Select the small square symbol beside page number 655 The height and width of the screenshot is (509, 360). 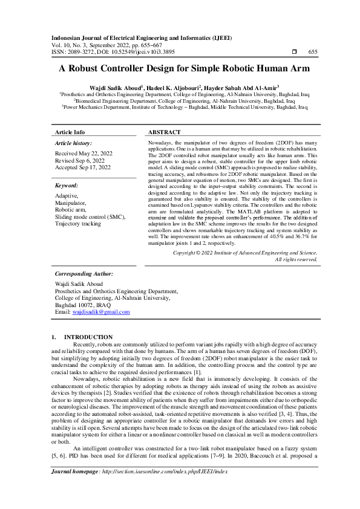294,52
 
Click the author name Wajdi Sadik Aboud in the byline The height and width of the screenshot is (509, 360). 115,88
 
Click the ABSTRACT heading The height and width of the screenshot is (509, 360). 164,132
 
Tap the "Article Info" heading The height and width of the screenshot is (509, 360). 70,132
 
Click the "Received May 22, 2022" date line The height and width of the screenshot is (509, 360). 83,154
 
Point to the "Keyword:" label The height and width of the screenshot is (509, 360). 67,186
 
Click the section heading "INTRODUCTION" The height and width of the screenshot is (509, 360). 88,337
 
